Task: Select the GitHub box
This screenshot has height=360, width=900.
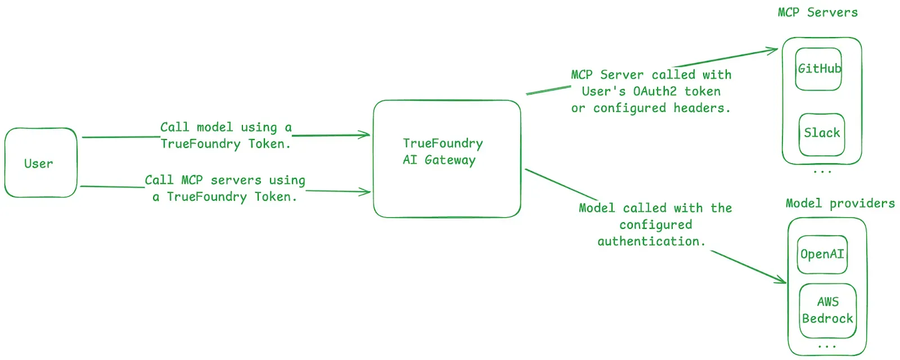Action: [x=818, y=69]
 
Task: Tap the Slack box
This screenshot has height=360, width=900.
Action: [x=821, y=133]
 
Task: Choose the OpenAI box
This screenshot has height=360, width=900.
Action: [x=822, y=254]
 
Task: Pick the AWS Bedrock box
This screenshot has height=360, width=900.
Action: [x=827, y=310]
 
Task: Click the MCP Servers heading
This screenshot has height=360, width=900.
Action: [x=817, y=12]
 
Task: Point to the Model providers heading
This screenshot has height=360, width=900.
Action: [x=840, y=203]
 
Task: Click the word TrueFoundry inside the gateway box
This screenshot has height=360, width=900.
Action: [x=443, y=143]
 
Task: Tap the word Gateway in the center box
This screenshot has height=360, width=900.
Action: [x=450, y=160]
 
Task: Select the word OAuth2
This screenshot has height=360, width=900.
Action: [x=655, y=91]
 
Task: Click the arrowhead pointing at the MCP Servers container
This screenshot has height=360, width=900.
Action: [x=775, y=50]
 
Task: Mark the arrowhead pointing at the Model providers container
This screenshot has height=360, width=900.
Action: [x=783, y=280]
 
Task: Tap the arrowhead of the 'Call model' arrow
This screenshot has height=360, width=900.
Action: [x=367, y=134]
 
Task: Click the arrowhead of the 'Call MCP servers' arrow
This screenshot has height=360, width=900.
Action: [x=367, y=192]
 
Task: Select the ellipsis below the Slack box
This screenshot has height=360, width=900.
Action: [x=822, y=170]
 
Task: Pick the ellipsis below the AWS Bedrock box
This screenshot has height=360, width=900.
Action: [x=827, y=346]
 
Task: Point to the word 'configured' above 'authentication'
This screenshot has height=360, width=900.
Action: [x=655, y=225]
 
